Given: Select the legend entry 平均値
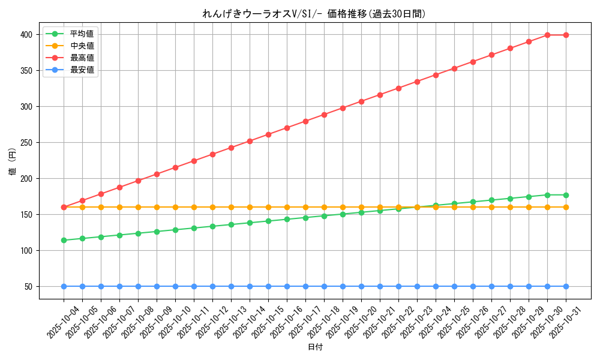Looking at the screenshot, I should coord(82,34).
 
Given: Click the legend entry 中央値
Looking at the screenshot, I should coord(82,46).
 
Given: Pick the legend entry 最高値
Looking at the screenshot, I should coord(82,58).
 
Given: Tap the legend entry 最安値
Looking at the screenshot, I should coord(82,70).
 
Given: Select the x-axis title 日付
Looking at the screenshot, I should coord(315,347).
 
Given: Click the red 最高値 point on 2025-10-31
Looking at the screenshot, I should coord(566,35).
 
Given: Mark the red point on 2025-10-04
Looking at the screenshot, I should coord(64,207).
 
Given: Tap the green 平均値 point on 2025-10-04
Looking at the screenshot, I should coord(64,240).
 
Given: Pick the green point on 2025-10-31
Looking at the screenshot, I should coord(566,195).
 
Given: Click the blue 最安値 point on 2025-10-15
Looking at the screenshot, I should coord(268,286).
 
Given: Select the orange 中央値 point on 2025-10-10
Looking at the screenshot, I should coord(175,207).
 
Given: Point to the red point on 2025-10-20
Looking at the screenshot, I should coord(361,101).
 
